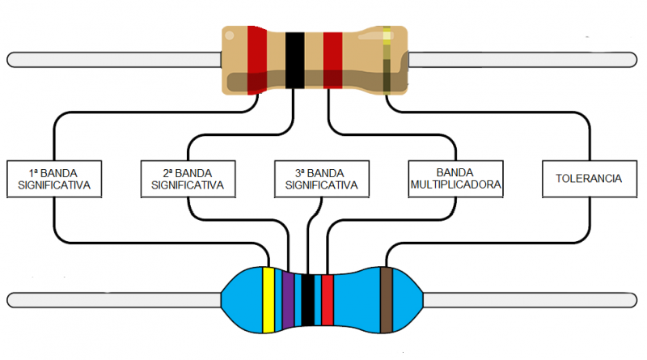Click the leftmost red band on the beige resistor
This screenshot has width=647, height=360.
[x=257, y=58]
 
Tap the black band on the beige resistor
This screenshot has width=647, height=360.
[x=294, y=59]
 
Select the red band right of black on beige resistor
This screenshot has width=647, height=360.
[x=332, y=59]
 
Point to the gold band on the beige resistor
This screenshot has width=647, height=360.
[x=387, y=58]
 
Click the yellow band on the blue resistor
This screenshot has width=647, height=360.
[x=269, y=299]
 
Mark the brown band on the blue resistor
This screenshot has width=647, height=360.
[x=387, y=299]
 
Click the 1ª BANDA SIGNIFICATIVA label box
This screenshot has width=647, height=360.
[x=54, y=179]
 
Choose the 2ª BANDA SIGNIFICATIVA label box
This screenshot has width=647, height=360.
[x=187, y=179]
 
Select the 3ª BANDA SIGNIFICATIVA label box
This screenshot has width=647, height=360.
[x=321, y=179]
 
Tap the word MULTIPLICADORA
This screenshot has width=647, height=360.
[x=455, y=185]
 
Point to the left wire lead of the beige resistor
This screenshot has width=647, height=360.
[x=113, y=59]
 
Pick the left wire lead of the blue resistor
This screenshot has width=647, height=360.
[x=113, y=300]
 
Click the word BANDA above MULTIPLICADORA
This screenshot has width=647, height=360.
[x=455, y=173]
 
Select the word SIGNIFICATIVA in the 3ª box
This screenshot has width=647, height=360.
[x=321, y=185]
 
